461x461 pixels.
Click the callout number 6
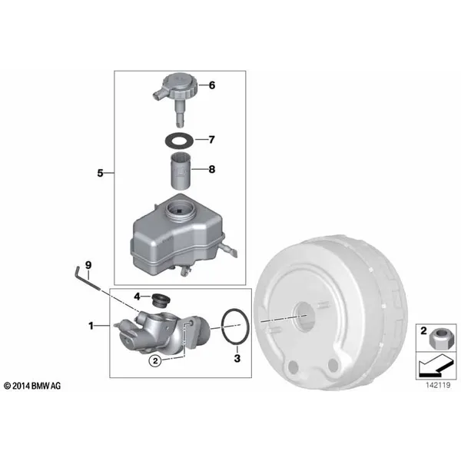(x=212, y=85)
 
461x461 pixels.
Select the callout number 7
(x=212, y=139)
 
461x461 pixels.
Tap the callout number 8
(x=212, y=169)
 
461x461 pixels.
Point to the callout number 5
(x=100, y=173)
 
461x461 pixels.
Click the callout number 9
(x=88, y=265)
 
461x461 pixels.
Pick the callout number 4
(x=137, y=297)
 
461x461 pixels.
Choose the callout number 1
(x=91, y=326)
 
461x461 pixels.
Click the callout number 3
(x=237, y=358)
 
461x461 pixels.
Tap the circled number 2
(x=155, y=360)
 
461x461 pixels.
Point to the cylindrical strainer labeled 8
(x=181, y=171)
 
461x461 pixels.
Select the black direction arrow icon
(x=436, y=366)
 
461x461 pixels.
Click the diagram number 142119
(x=438, y=385)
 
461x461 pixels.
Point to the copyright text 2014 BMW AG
(x=32, y=386)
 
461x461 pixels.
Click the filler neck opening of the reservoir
(x=179, y=210)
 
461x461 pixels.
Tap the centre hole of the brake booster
(x=305, y=316)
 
